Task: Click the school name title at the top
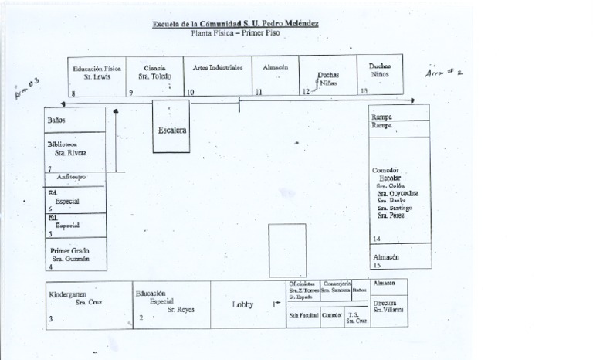[235, 24]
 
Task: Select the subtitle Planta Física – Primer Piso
[235, 34]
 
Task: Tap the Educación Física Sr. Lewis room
[97, 75]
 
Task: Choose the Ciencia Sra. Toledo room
[154, 75]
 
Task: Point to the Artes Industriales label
[217, 68]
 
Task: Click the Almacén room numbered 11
[276, 75]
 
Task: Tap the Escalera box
[171, 129]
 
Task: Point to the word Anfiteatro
[70, 177]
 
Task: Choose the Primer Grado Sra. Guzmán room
[71, 255]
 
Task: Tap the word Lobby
[243, 304]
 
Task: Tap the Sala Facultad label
[303, 315]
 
